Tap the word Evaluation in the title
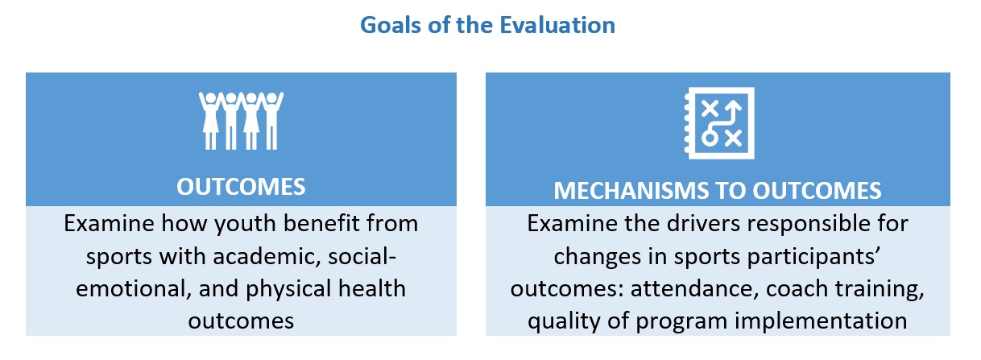[557, 25]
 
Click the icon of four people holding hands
[241, 121]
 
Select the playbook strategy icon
[719, 123]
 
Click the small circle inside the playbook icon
[710, 138]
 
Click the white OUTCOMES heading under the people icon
[241, 187]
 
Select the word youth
[245, 224]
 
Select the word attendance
[694, 289]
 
